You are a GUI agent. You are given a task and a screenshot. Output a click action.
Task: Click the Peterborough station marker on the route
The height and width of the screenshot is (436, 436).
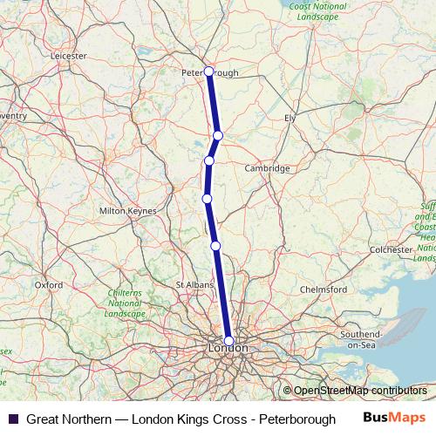(208, 71)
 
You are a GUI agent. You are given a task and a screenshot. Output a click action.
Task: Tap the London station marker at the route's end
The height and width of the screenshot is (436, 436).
(228, 341)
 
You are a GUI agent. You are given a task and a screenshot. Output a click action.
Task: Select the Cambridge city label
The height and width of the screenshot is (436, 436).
(267, 167)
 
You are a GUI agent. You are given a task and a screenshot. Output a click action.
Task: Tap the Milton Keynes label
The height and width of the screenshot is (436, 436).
(128, 211)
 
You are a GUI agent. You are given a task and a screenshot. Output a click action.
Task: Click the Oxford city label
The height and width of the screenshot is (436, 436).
(49, 285)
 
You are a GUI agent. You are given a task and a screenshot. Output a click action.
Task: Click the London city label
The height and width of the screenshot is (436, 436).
(228, 349)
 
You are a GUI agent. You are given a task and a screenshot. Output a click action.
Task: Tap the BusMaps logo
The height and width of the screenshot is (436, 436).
(394, 419)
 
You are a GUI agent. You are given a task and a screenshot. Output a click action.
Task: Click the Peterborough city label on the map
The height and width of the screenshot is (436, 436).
(208, 73)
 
